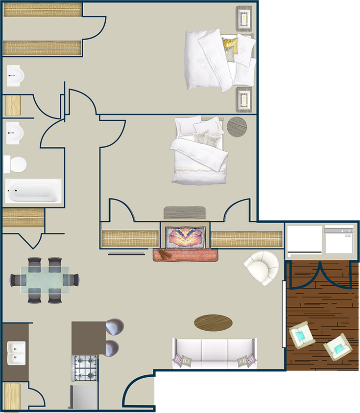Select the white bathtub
33,191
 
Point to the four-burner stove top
85,367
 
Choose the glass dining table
45,280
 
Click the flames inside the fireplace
185,237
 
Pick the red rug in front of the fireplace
185,254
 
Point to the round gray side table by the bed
237,126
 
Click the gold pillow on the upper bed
229,45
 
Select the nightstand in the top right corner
244,19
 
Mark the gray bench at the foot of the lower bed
185,212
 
